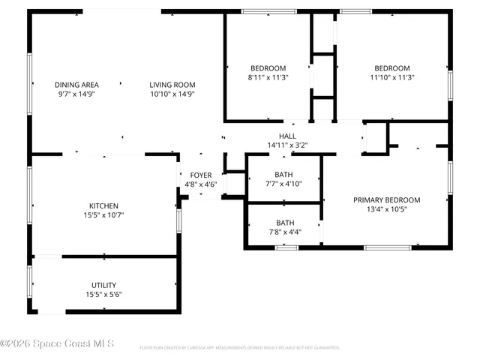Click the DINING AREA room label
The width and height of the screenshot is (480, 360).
[76, 85]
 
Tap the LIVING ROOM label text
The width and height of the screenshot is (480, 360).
[172, 85]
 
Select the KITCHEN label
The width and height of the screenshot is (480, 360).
[104, 205]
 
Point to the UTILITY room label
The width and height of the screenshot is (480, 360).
[103, 285]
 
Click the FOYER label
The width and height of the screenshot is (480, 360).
[200, 175]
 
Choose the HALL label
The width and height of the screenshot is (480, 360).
[287, 136]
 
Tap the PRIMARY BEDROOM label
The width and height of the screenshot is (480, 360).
[386, 199]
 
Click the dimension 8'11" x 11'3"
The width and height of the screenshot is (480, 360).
[268, 76]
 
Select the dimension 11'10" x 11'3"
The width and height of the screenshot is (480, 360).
[392, 76]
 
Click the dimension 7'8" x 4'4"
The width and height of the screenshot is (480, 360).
[285, 232]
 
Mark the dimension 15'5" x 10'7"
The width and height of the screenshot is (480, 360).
[103, 214]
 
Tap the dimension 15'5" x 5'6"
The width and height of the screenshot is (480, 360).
[103, 294]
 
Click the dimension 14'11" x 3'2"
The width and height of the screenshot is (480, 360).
[287, 145]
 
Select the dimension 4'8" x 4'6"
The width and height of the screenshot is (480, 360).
[200, 184]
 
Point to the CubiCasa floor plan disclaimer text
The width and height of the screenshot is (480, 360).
[240, 348]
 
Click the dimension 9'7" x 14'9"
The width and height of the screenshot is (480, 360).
[76, 94]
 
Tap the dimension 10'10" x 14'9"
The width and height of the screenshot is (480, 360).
[172, 94]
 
